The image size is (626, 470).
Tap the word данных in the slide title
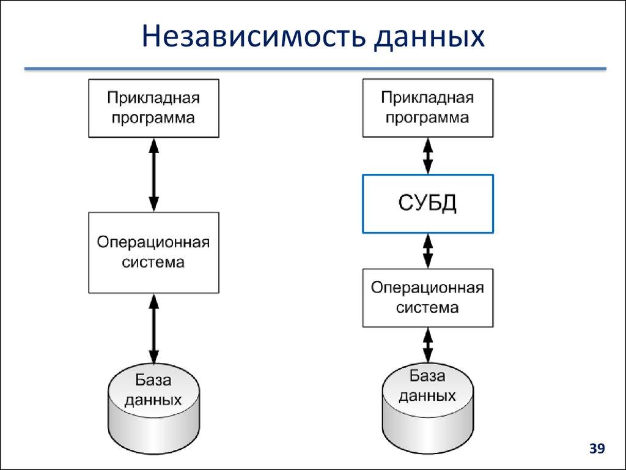430,37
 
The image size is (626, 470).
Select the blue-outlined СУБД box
428,204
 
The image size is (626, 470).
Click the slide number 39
596,450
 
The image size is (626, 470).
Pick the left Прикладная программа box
153,108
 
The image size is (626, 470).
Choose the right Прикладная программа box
428,108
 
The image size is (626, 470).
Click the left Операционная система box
153,252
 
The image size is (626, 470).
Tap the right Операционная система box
428,297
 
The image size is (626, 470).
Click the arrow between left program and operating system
153,174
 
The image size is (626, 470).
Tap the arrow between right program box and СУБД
428,155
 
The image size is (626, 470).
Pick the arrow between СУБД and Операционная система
428,250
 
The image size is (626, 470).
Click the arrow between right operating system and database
428,345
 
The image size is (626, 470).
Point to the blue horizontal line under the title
315,69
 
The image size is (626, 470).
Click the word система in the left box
153,263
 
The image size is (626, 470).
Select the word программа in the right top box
428,117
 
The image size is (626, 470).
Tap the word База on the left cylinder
153,381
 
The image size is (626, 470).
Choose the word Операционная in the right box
428,288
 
